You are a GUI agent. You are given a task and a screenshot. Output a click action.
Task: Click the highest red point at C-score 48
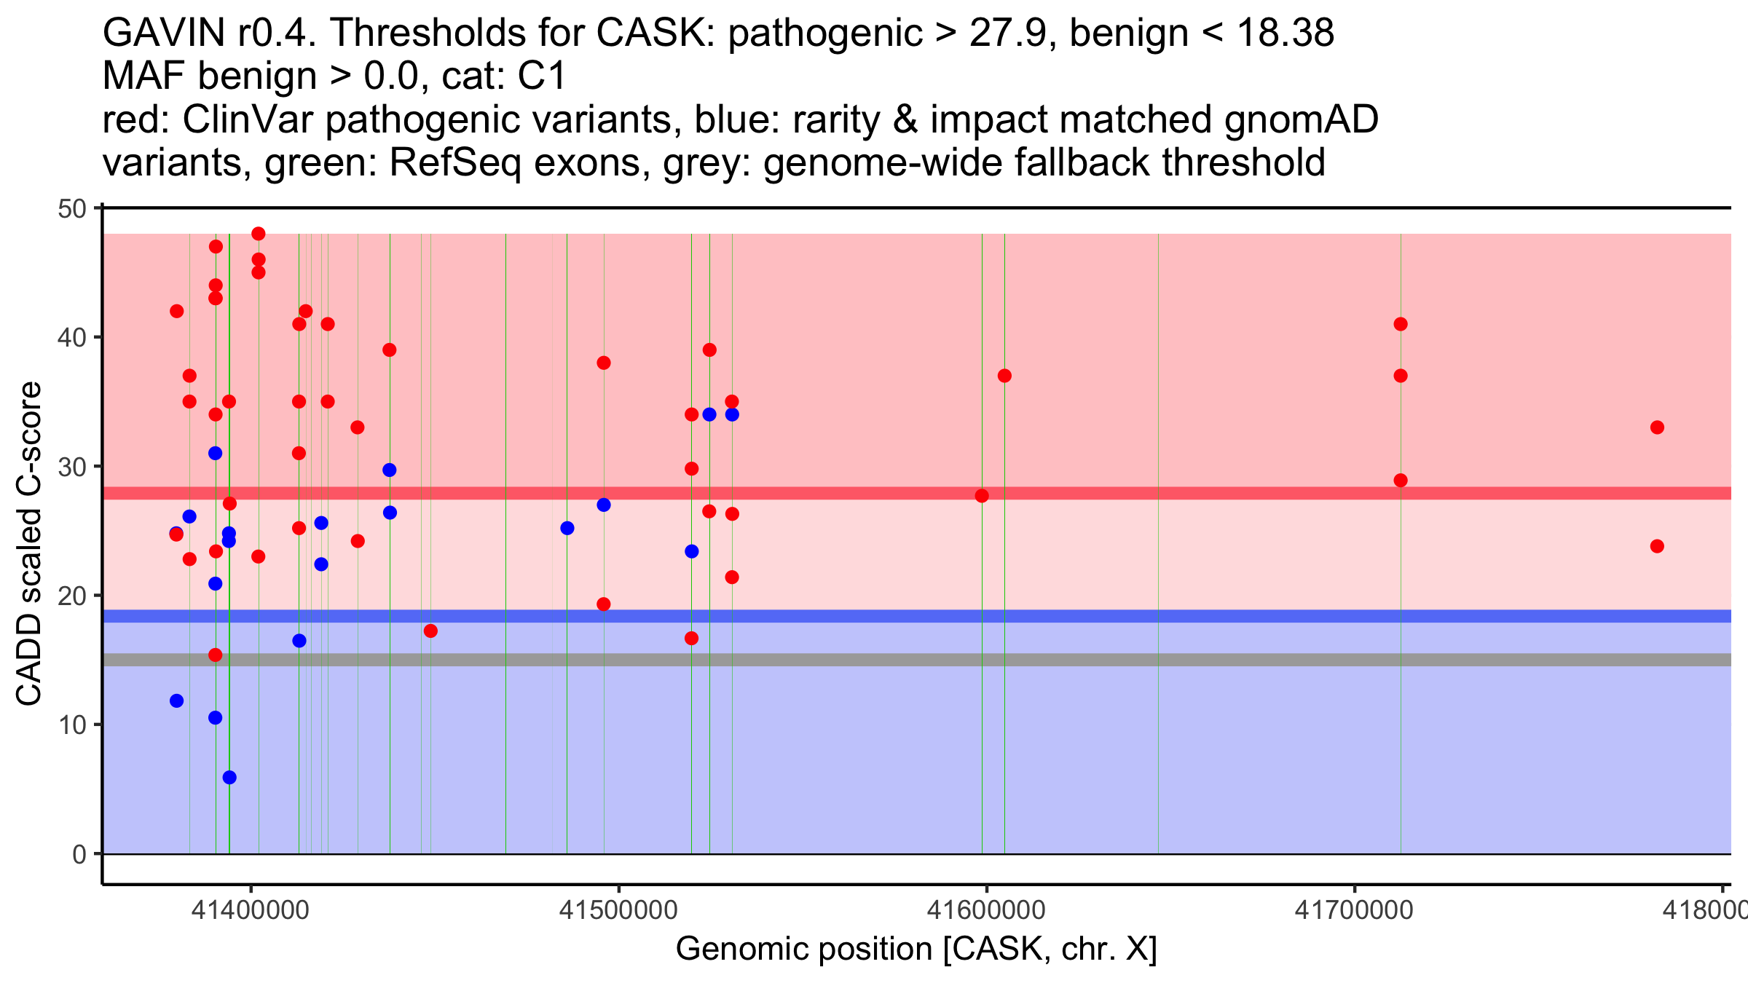click(259, 234)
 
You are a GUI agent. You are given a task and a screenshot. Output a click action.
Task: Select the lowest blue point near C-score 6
click(229, 778)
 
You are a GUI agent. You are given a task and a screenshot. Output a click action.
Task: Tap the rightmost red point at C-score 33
click(1657, 427)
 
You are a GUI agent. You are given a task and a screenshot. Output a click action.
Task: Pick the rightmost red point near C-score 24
click(1657, 546)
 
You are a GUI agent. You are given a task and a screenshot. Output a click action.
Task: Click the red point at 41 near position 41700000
click(1400, 324)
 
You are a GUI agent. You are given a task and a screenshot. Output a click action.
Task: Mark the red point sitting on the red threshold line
click(982, 496)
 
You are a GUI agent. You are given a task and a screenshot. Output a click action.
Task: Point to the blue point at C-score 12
click(176, 700)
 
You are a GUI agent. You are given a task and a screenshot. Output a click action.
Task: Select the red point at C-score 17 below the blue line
click(430, 631)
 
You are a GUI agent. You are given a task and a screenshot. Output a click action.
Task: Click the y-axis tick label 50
click(72, 210)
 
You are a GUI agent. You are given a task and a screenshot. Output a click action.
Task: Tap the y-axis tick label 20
click(72, 596)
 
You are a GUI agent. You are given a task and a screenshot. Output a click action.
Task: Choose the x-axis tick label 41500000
click(618, 910)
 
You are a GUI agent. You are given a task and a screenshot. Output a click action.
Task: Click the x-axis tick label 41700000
click(1354, 910)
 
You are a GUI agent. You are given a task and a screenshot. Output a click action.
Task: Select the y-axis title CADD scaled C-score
click(29, 543)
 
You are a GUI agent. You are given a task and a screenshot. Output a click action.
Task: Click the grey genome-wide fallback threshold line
click(874, 660)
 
